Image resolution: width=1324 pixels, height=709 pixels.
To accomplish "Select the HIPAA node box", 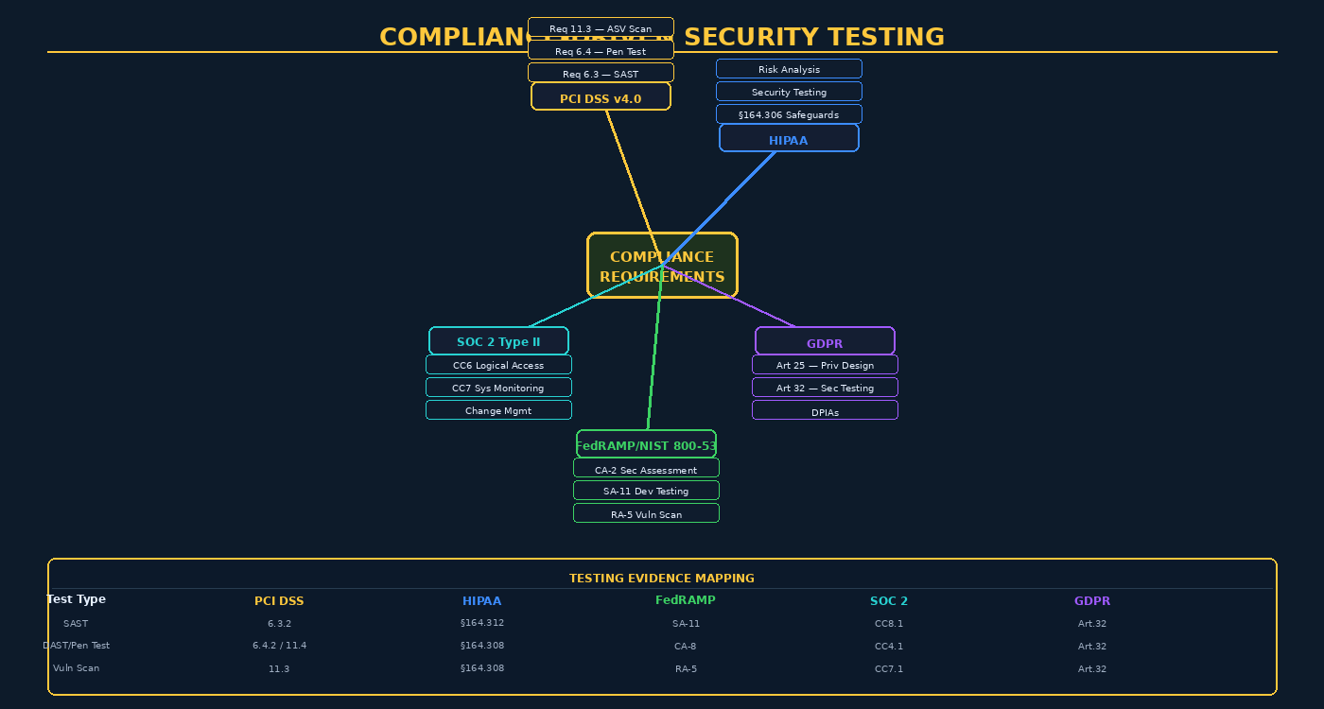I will click(x=789, y=138).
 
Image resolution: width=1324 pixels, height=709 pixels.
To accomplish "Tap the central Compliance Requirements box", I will click(x=662, y=266).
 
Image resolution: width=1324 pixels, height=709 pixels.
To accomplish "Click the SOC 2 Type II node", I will click(x=498, y=341).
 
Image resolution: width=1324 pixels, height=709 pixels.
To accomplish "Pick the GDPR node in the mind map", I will click(x=825, y=341).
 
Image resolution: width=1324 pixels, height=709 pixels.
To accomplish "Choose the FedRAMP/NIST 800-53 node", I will click(x=646, y=444).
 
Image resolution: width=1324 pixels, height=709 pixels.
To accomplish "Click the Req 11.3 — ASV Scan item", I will click(x=601, y=27).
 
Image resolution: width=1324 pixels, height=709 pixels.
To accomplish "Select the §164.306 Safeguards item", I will click(x=789, y=114).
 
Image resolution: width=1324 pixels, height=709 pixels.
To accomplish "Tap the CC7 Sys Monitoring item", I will click(x=498, y=388).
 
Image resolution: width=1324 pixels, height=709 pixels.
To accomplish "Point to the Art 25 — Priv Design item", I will click(x=825, y=365).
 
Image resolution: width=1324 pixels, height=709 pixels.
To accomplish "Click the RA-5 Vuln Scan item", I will click(x=646, y=513).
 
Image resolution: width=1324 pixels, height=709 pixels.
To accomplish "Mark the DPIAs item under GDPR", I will click(x=825, y=411).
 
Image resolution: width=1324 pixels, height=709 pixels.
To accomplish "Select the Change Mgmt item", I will click(x=498, y=410).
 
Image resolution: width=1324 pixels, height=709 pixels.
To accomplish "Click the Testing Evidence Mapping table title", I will click(x=662, y=578).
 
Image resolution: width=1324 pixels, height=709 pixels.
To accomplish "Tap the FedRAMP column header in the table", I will click(x=686, y=600).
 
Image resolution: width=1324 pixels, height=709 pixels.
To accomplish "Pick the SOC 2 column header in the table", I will click(x=889, y=601).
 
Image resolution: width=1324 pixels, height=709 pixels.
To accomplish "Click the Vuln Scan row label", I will click(x=76, y=668).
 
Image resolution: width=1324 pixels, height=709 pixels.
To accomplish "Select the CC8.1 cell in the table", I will click(x=889, y=624).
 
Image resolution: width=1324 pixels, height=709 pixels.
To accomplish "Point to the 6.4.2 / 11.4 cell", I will click(x=279, y=646).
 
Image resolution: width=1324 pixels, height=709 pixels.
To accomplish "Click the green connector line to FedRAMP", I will click(x=654, y=359).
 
